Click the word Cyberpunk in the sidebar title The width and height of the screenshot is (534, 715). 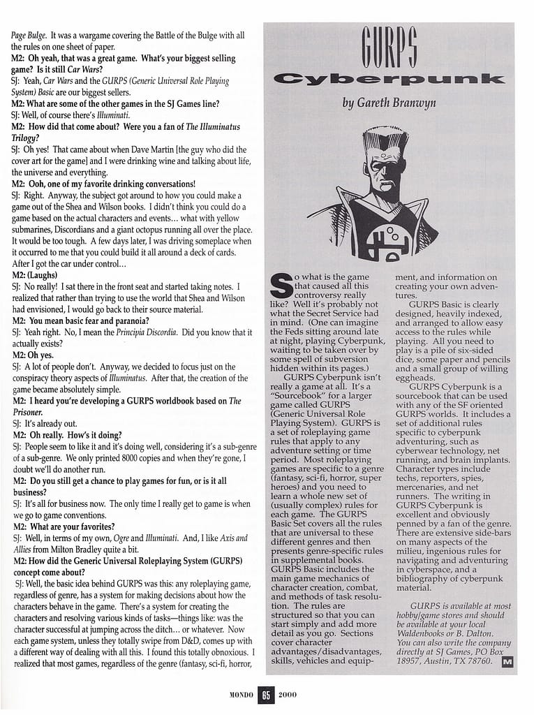[389, 79]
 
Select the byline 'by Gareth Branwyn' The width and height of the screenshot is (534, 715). [389, 103]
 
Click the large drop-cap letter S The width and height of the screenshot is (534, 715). [280, 287]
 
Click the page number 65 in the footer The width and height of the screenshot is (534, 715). [265, 695]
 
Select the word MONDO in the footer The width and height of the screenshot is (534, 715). [242, 695]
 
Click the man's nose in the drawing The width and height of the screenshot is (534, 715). [383, 176]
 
